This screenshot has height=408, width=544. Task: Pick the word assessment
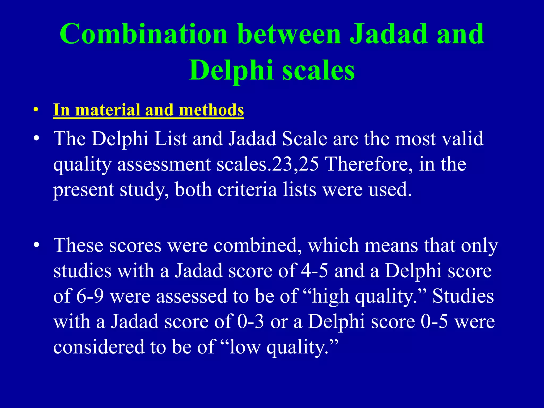click(164, 164)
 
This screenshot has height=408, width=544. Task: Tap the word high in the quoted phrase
click(330, 296)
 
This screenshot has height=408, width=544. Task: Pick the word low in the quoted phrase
click(245, 347)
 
